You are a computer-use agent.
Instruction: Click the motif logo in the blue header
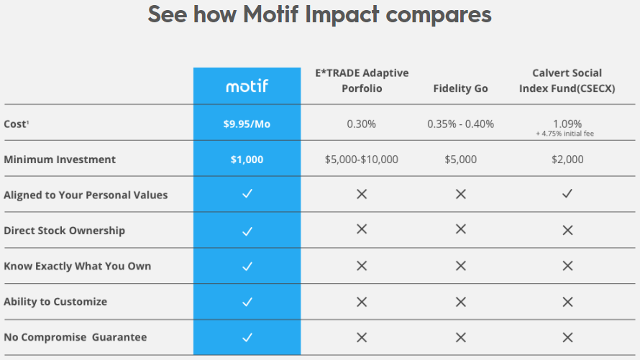[x=247, y=86]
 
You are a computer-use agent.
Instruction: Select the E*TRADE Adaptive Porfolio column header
[x=362, y=80]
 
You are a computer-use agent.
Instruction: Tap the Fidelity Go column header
[x=460, y=88]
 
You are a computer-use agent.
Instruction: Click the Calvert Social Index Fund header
[x=567, y=80]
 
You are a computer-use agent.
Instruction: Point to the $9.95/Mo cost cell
[x=247, y=124]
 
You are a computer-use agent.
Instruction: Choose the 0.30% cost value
[x=361, y=124]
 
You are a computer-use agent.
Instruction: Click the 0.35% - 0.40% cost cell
[x=460, y=124]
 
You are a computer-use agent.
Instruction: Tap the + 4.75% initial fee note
[x=567, y=134]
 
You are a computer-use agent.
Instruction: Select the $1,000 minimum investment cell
[x=247, y=160]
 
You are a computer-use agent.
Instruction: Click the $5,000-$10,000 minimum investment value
[x=361, y=160]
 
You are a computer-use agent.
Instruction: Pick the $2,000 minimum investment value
[x=567, y=160]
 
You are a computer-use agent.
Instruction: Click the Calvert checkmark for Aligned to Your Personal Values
[x=567, y=194]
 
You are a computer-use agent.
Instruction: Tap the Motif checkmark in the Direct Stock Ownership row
[x=247, y=231]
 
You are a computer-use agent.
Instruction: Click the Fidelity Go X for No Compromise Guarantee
[x=461, y=337]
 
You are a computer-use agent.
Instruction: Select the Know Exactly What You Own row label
[x=78, y=266]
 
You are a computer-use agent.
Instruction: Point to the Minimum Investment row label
[x=60, y=160]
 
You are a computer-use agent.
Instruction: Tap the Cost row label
[x=16, y=124]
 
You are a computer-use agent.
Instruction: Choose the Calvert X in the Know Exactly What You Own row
[x=567, y=266]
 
